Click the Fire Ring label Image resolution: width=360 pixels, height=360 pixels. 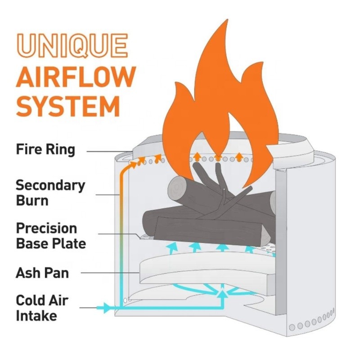45,149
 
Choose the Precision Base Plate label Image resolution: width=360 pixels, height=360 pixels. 50,235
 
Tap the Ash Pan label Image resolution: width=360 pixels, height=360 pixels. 42,272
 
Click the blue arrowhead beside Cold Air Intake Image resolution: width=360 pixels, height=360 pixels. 107,308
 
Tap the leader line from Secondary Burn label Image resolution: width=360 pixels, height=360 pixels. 108,194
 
